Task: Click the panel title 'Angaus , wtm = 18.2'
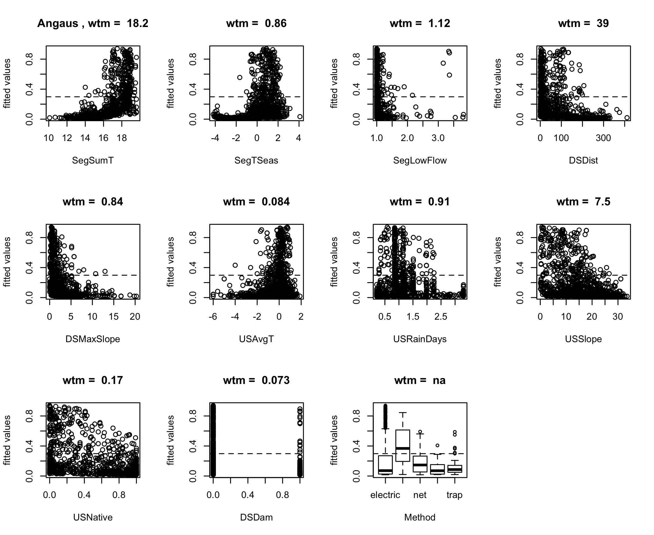(92, 23)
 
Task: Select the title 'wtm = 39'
(583, 23)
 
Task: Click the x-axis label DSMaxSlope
(92, 339)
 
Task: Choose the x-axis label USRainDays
(420, 339)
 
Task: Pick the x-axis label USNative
(92, 517)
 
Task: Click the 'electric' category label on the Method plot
(385, 495)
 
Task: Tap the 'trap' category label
(454, 495)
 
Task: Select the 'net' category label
(420, 495)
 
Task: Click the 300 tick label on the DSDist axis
(603, 138)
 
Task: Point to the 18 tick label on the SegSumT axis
(121, 138)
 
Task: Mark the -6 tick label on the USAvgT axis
(213, 317)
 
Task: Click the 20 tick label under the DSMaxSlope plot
(135, 317)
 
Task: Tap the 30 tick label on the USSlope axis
(618, 317)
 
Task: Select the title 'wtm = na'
(420, 380)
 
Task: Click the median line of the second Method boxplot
(403, 448)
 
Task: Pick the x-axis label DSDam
(256, 517)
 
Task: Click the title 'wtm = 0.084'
(256, 202)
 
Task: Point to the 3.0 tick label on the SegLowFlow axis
(438, 138)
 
